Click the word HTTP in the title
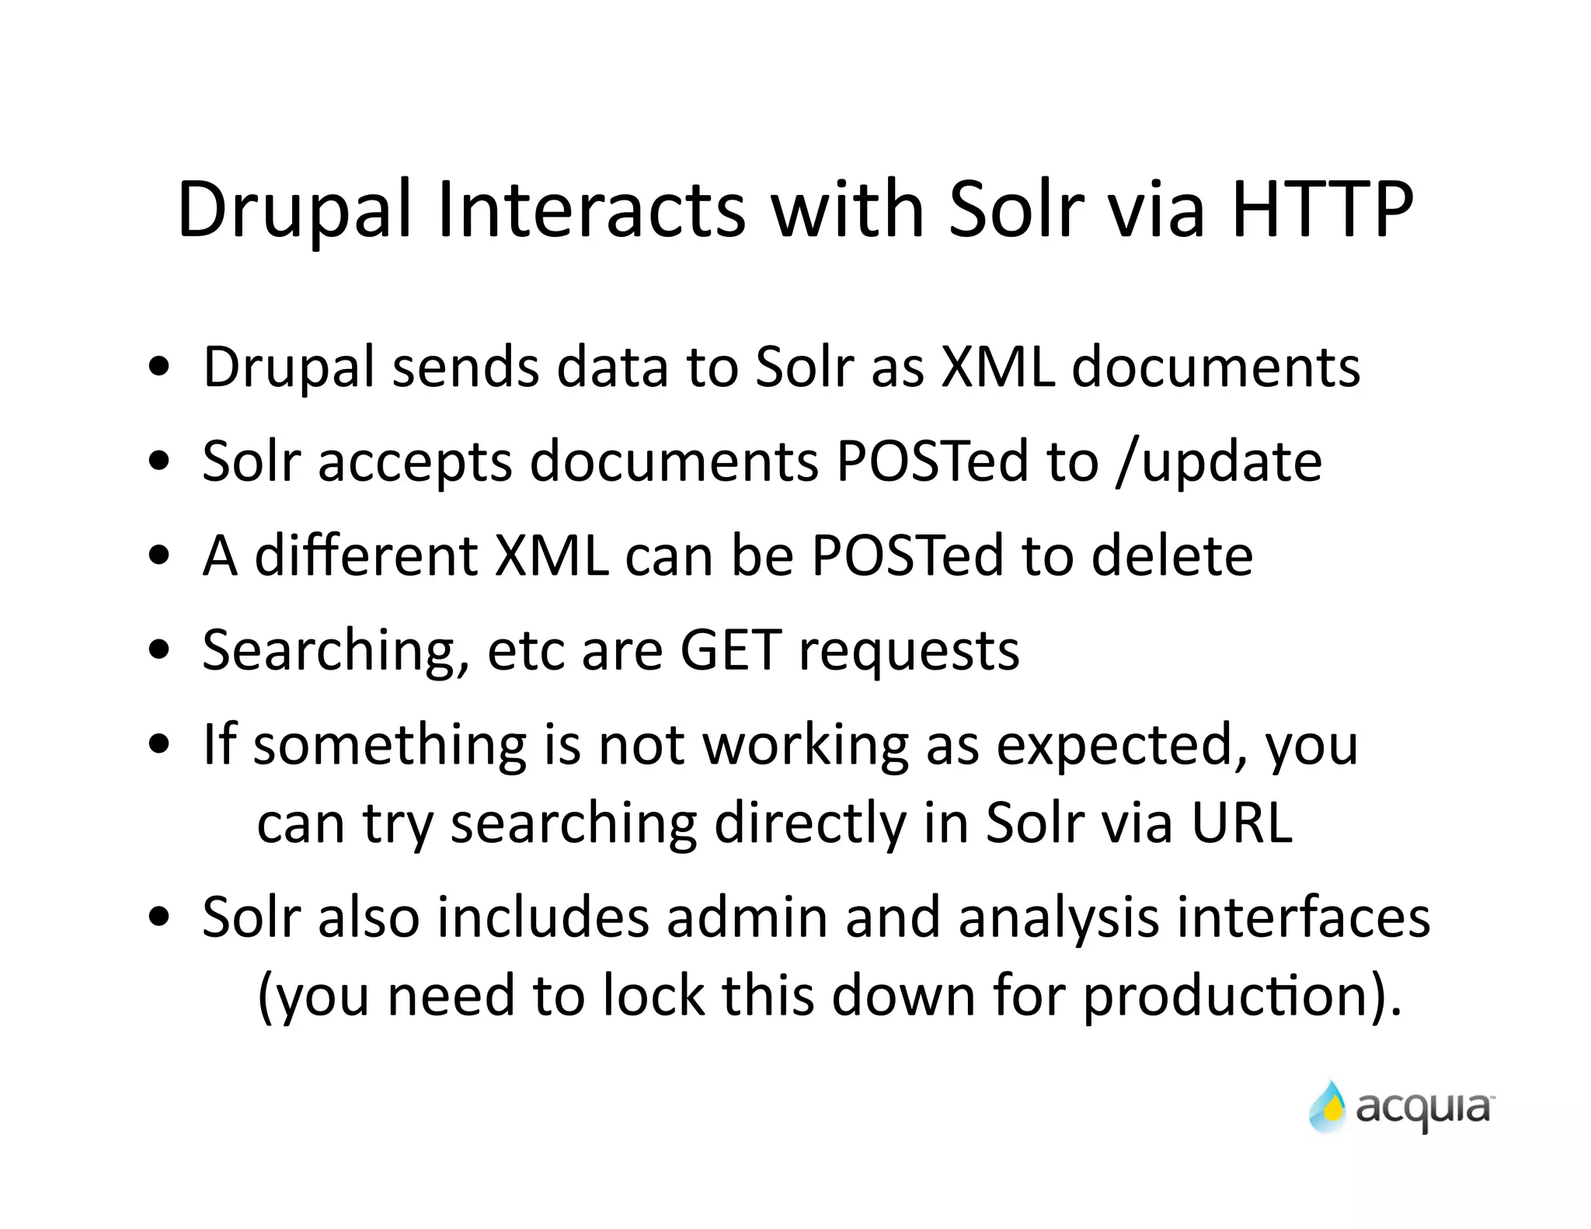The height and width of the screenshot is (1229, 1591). (1322, 210)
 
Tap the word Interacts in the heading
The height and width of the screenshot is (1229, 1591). (590, 210)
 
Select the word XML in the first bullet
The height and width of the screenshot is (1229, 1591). (997, 367)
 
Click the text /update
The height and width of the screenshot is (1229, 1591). (1218, 461)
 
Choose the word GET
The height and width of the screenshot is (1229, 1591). (730, 650)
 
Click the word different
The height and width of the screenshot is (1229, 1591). (365, 556)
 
